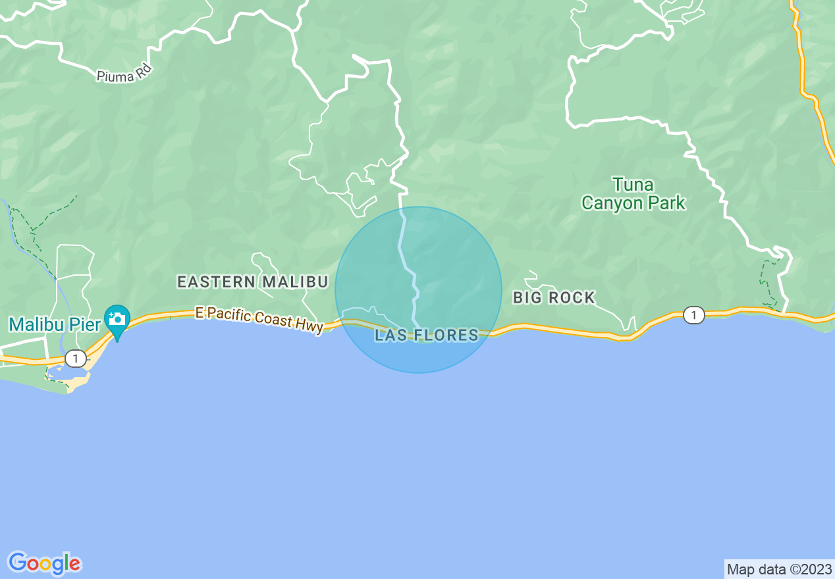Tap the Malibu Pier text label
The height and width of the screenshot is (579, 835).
[x=55, y=324]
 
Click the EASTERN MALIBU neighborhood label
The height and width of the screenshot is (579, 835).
[x=252, y=282]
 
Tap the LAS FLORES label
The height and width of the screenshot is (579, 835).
[x=427, y=336]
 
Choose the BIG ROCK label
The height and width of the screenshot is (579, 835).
[x=554, y=298]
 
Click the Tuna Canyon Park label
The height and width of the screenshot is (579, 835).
[x=633, y=193]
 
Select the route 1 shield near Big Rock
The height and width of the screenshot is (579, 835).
[x=692, y=316]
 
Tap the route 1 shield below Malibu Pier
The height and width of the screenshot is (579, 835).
[x=76, y=359]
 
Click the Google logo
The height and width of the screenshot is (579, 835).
[x=45, y=563]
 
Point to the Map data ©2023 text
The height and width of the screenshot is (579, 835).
[x=779, y=569]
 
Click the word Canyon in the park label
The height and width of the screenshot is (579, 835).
[x=610, y=203]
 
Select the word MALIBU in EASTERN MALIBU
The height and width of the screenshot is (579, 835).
[x=295, y=282]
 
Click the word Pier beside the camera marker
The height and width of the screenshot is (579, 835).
[x=88, y=324]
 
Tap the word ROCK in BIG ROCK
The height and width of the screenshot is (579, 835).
[x=572, y=298]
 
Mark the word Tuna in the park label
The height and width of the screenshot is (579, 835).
[x=633, y=184]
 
